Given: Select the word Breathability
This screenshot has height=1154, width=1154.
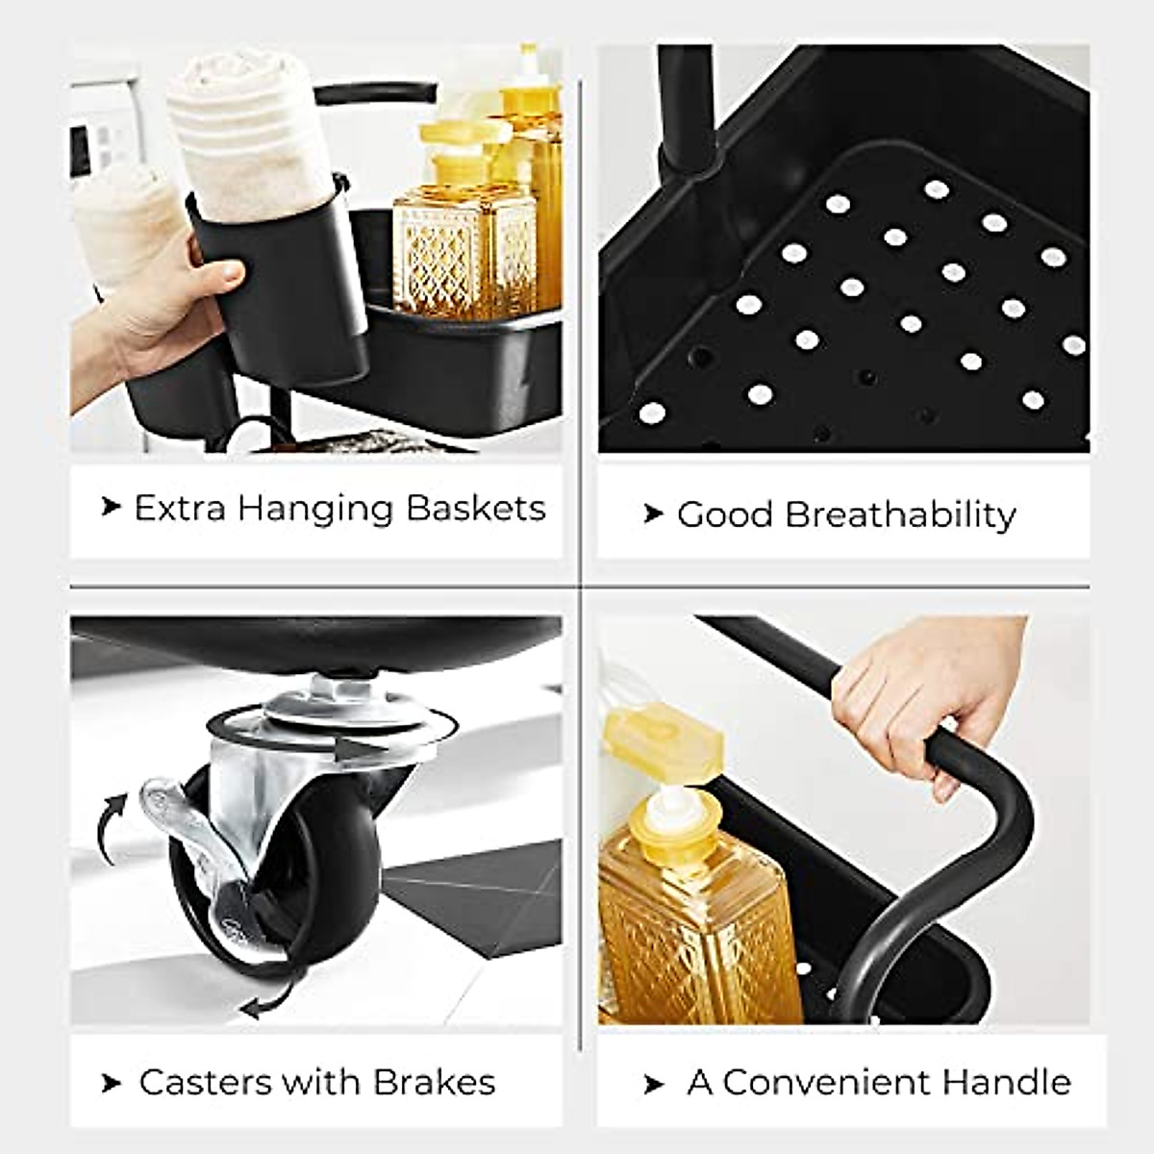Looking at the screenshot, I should tap(900, 515).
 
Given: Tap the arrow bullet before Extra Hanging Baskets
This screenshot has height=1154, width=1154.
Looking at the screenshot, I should tap(112, 507).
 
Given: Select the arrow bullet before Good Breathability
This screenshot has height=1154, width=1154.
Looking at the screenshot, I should tap(654, 514).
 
